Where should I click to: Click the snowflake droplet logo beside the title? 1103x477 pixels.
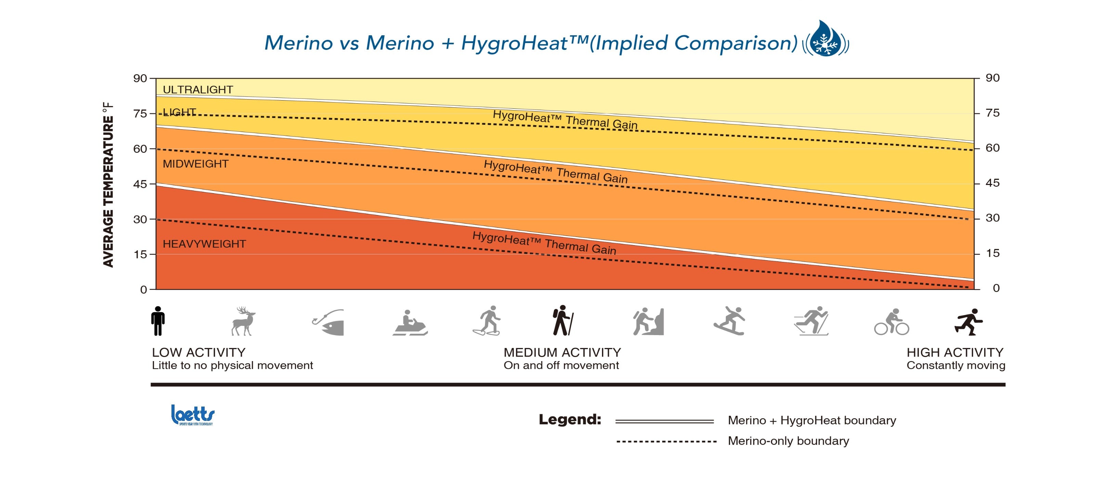tap(825, 39)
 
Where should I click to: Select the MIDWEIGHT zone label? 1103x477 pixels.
tap(195, 164)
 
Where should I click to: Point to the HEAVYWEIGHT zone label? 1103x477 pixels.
tap(204, 244)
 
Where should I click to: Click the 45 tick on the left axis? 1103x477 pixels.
tap(140, 184)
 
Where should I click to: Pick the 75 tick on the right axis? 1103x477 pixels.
tap(992, 113)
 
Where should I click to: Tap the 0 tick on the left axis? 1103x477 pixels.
tap(143, 290)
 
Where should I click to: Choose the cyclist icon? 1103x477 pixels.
tap(892, 322)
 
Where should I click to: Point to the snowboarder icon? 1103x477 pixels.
tap(729, 321)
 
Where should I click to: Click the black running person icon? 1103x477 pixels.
tap(969, 322)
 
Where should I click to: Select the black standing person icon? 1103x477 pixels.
tap(157, 321)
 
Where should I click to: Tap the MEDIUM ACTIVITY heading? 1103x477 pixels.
tap(562, 353)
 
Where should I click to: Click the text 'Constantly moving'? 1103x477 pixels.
tap(956, 365)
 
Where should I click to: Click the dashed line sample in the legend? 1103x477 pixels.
tap(666, 441)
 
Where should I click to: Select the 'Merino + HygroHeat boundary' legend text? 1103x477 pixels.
tap(812, 421)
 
